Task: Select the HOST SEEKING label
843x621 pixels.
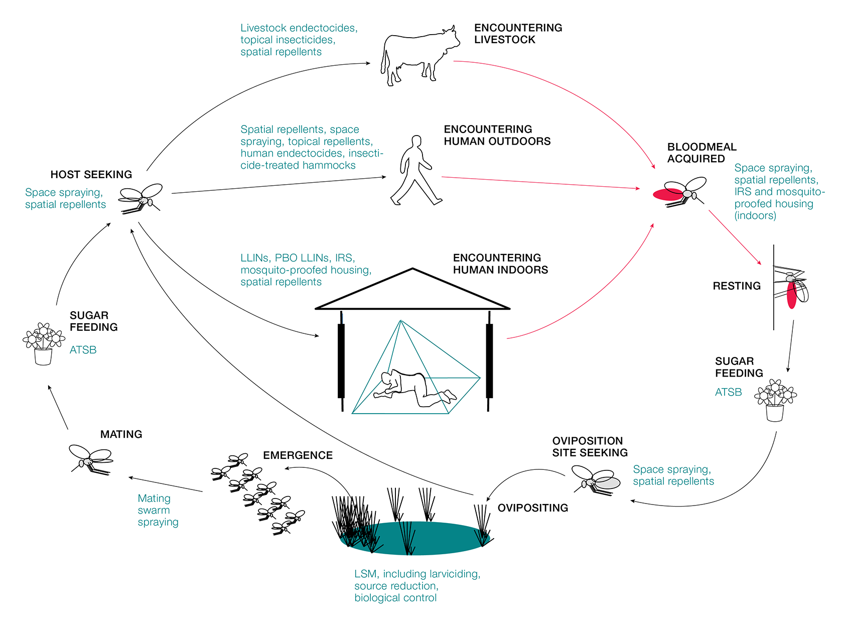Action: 91,175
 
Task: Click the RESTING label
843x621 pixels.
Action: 737,286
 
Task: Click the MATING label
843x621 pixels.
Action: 121,434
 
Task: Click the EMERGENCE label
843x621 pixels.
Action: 298,455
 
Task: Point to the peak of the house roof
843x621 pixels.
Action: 412,270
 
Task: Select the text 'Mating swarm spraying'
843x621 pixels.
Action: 158,510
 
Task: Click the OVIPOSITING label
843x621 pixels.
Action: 532,508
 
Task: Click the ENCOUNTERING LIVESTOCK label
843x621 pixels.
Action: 518,34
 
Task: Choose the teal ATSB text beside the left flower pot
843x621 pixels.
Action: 83,350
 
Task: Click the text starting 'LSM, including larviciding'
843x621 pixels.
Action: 417,585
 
